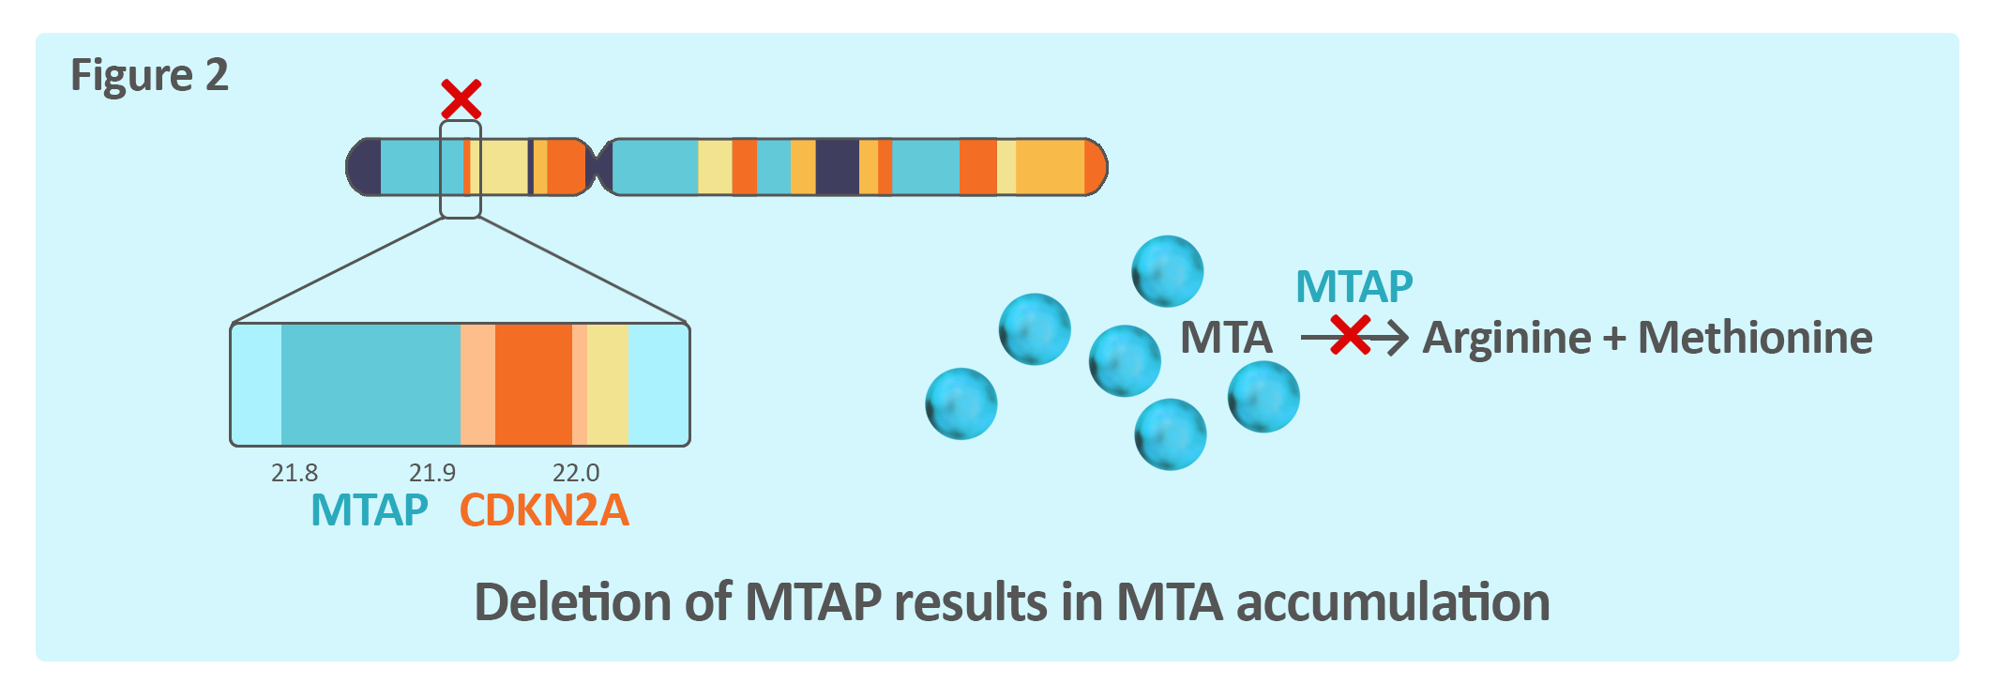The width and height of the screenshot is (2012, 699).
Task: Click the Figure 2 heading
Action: point(149,75)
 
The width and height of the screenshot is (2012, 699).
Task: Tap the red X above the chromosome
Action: point(461,99)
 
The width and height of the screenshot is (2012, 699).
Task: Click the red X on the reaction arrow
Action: point(1350,336)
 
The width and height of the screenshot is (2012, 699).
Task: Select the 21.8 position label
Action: point(295,473)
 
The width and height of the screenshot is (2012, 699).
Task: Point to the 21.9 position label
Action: point(432,473)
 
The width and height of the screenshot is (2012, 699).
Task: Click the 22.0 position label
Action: point(576,473)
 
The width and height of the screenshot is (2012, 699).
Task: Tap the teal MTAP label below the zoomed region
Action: point(370,510)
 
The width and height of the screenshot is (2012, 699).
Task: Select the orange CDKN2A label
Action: point(544,510)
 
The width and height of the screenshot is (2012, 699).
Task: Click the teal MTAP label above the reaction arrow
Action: point(1354,286)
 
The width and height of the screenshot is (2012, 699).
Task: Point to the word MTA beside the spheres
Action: point(1226,338)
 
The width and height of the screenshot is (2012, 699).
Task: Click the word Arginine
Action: point(1506,338)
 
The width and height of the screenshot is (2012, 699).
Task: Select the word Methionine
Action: point(1755,338)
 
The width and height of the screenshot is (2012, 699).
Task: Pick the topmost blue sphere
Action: point(1167,271)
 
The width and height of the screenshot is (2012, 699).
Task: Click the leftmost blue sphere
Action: point(961,403)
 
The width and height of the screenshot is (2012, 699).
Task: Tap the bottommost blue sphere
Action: point(1170,434)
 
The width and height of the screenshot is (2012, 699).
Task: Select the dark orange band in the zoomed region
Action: point(533,385)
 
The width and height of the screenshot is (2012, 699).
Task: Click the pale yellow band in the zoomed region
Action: point(607,385)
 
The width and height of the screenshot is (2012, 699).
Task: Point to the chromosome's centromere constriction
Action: point(597,167)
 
